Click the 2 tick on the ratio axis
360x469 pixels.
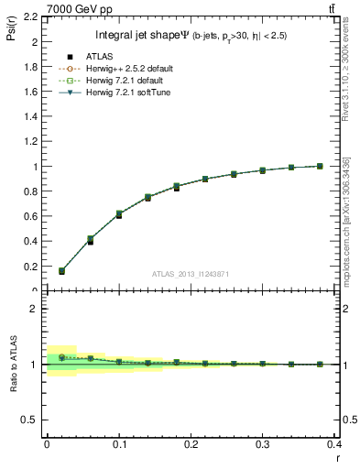point(35,309)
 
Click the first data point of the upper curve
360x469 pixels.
point(61,271)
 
